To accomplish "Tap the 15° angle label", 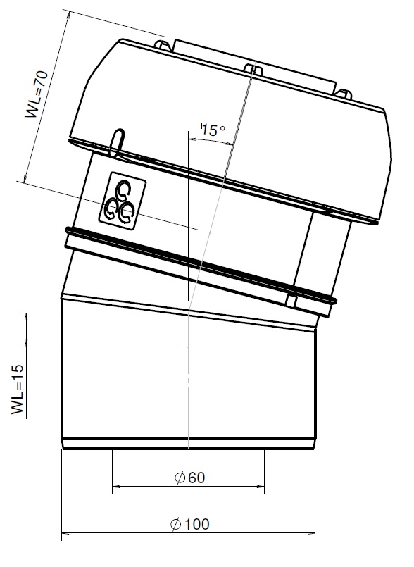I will click(x=213, y=130).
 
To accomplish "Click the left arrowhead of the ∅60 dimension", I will click(x=116, y=485).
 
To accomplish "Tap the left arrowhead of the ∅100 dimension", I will click(x=65, y=532).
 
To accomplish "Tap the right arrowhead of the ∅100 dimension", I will click(x=311, y=532).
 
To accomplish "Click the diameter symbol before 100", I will click(x=176, y=524).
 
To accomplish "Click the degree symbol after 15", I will click(x=222, y=127).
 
